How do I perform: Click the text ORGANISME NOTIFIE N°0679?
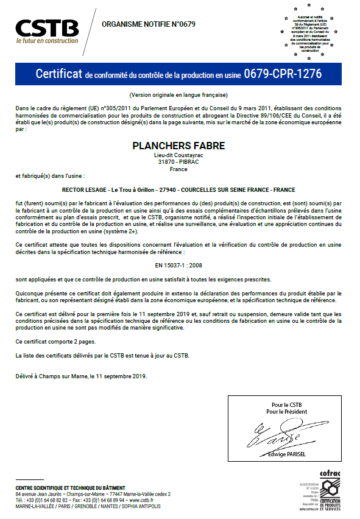point(140,24)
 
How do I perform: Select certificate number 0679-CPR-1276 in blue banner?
point(283,74)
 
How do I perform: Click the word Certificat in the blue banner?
point(58,74)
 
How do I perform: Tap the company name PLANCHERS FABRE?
point(178,146)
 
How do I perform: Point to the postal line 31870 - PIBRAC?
point(178,162)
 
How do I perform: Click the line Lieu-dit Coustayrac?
point(178,155)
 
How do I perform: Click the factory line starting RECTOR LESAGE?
point(178,190)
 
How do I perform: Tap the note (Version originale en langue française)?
point(179,95)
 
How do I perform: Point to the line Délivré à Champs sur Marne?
point(82,376)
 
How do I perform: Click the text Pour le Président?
point(286,412)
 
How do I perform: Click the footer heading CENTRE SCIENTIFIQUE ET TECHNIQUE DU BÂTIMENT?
point(70,488)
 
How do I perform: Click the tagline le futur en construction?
point(47,41)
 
